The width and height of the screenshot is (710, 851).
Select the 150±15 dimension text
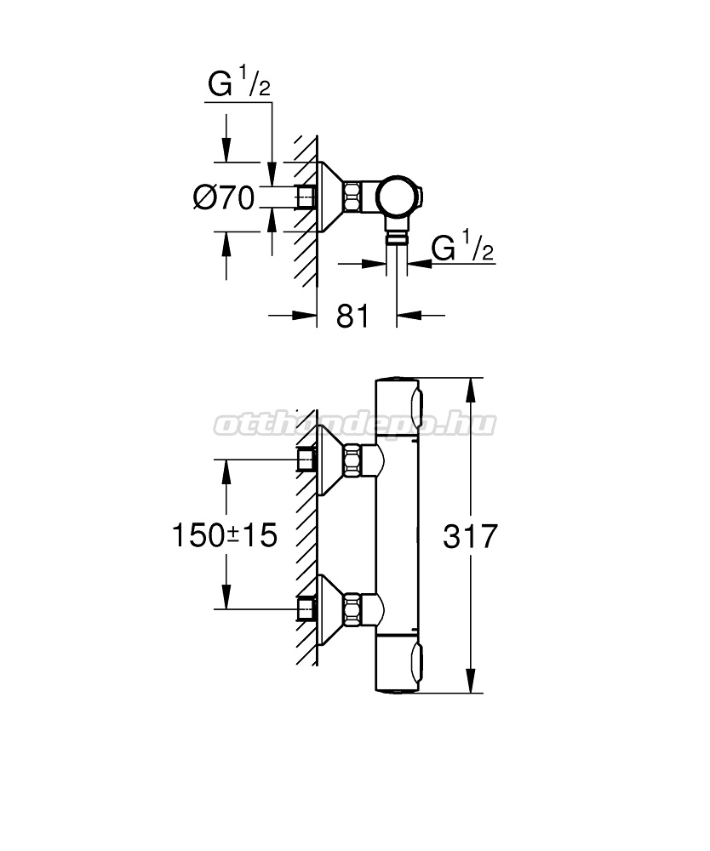224,534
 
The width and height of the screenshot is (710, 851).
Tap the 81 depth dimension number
352,316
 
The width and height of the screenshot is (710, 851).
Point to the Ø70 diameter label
224,197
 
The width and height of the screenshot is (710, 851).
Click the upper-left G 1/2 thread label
239,83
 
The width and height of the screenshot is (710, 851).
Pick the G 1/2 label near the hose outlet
462,247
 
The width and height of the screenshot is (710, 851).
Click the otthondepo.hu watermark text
354,425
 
